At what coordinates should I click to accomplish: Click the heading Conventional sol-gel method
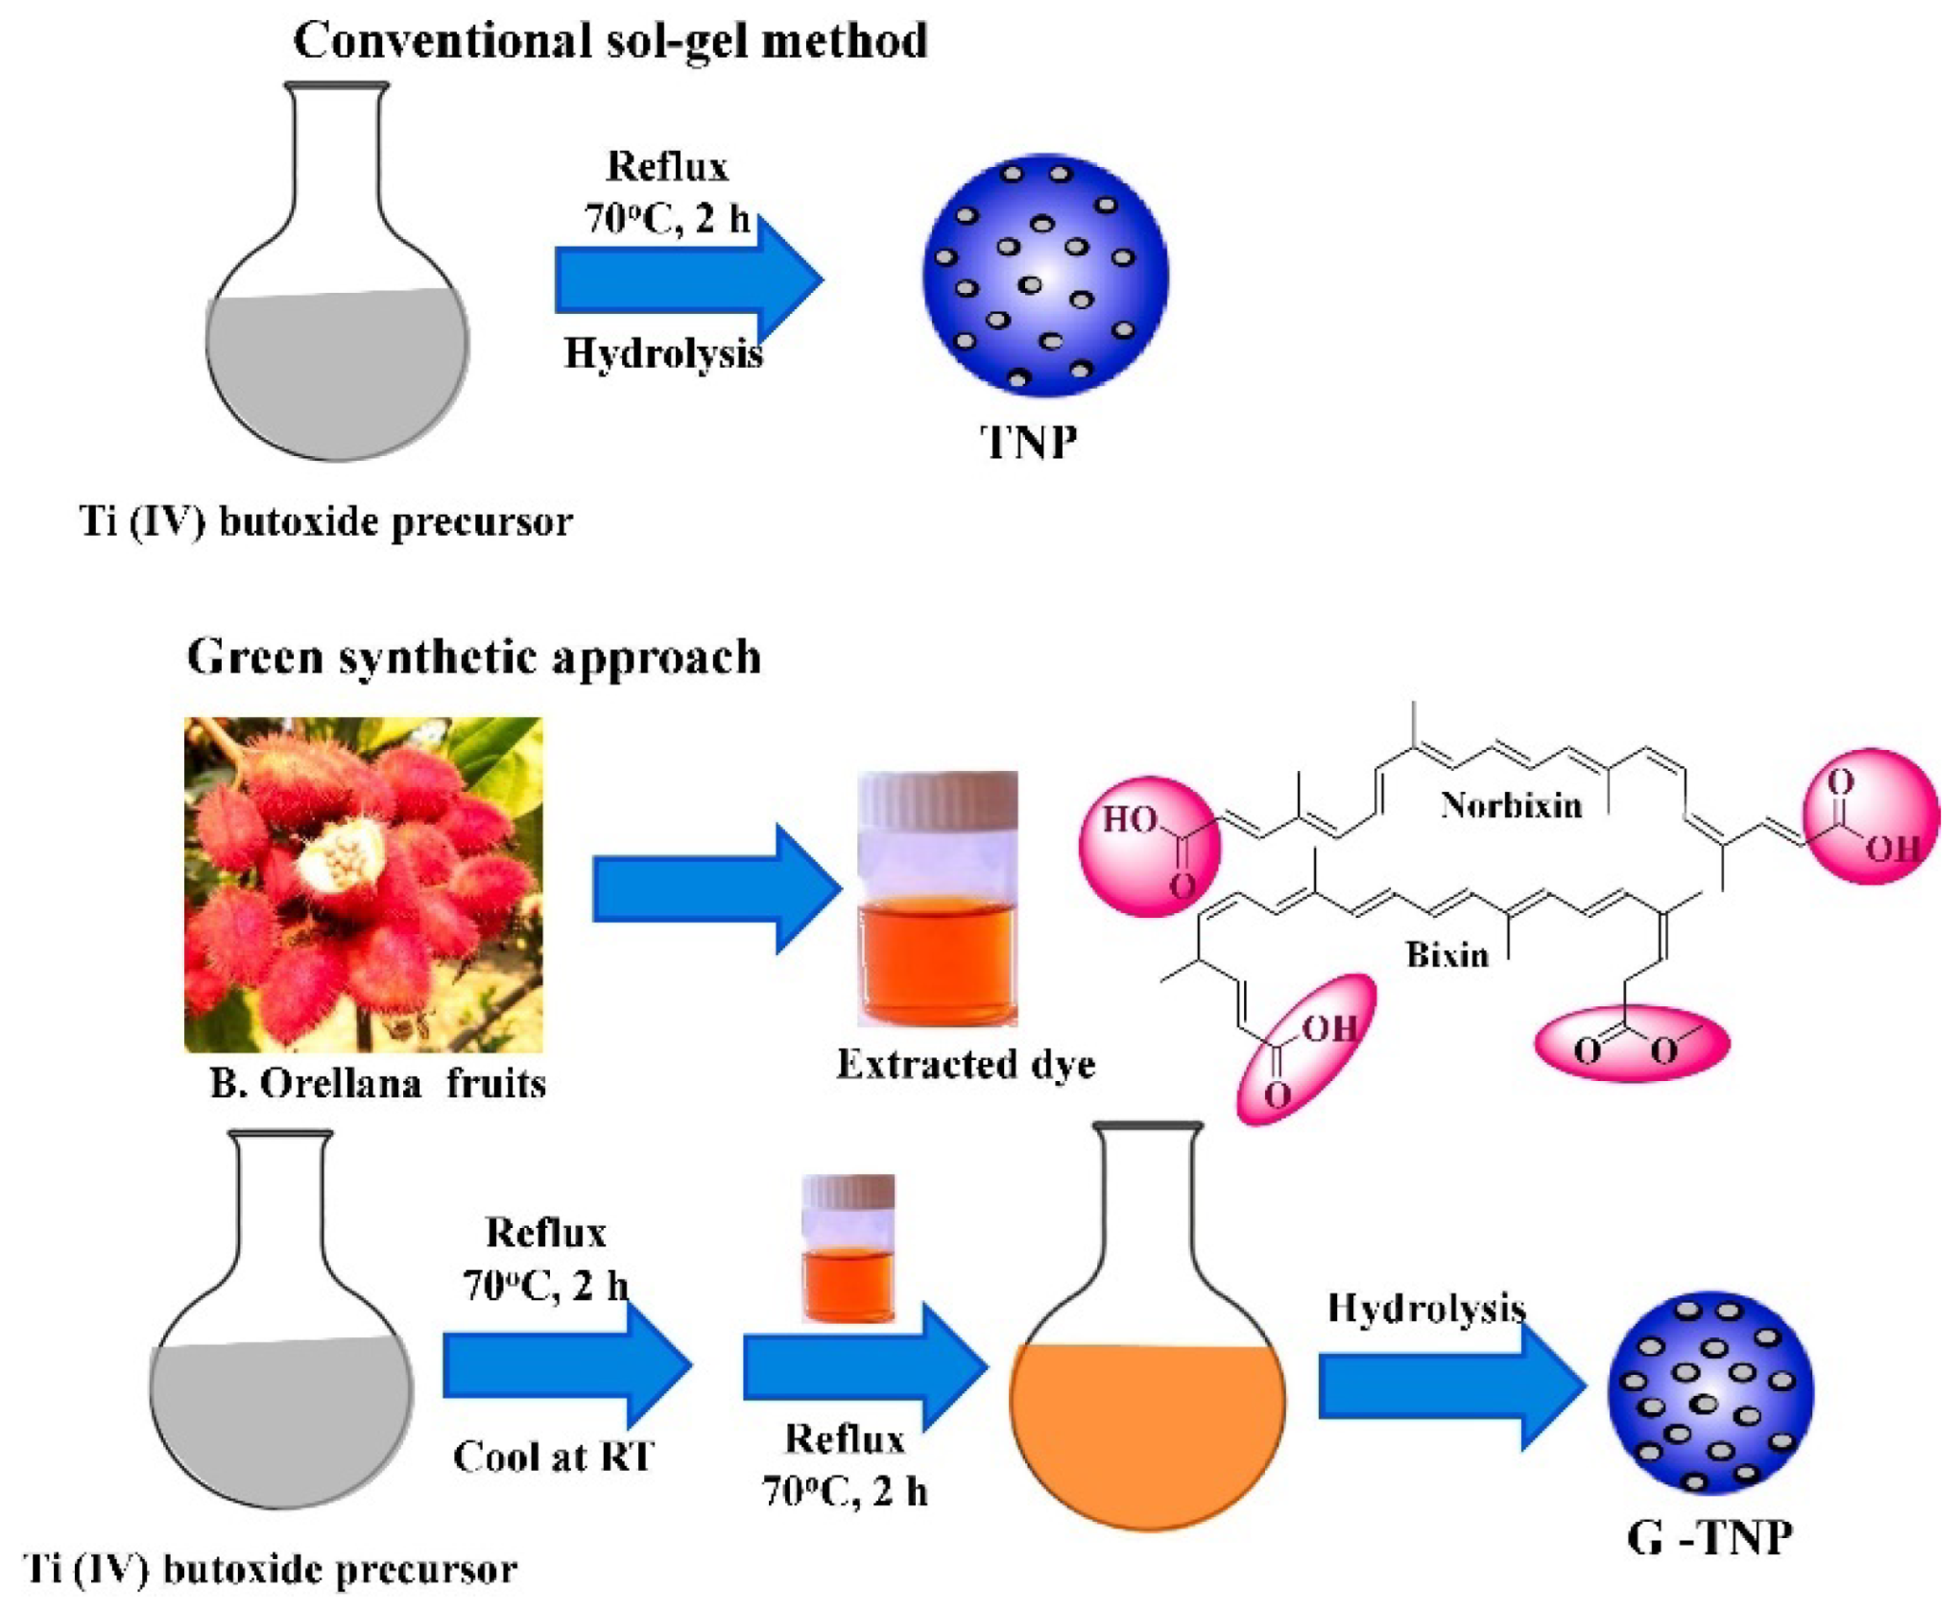(x=610, y=41)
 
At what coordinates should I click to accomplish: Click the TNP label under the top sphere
(x=1028, y=444)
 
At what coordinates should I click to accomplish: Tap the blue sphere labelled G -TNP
(x=1710, y=1392)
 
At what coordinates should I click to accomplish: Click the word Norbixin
(x=1511, y=805)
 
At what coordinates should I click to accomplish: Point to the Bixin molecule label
(x=1447, y=955)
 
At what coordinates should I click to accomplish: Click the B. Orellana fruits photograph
(x=363, y=883)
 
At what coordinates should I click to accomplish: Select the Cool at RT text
(x=554, y=1456)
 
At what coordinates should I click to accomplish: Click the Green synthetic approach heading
(x=474, y=658)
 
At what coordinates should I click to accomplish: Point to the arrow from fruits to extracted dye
(x=715, y=889)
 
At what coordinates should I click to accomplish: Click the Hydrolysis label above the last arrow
(x=1426, y=1308)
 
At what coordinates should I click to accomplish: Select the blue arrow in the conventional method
(x=688, y=279)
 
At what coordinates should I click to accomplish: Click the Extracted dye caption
(x=966, y=1064)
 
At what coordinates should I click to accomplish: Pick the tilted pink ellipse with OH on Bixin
(x=1306, y=1047)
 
